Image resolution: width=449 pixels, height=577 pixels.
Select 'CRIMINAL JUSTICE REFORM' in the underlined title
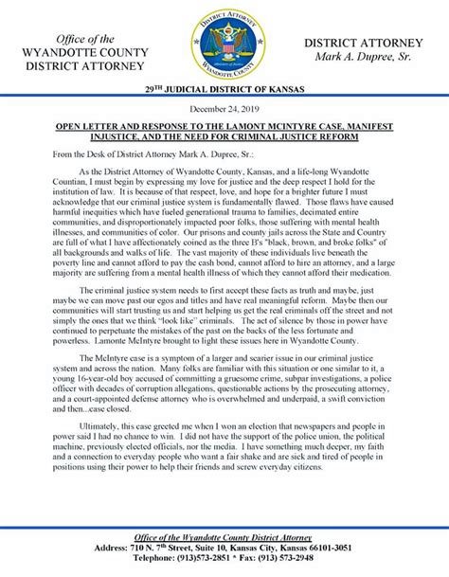[281, 162]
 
